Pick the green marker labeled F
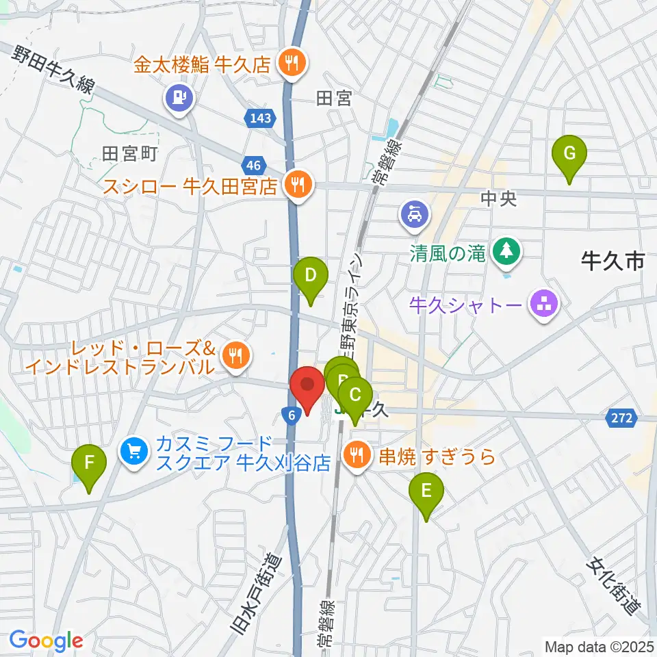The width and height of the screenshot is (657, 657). pyautogui.click(x=89, y=464)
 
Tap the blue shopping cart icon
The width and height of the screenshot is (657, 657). pyautogui.click(x=134, y=452)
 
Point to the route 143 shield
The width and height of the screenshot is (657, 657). pyautogui.click(x=260, y=119)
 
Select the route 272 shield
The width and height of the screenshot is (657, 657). pyautogui.click(x=621, y=417)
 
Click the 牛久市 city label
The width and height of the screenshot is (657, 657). pyautogui.click(x=612, y=261)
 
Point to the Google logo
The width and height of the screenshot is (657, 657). pyautogui.click(x=46, y=641)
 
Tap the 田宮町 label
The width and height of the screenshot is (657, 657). pyautogui.click(x=130, y=153)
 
